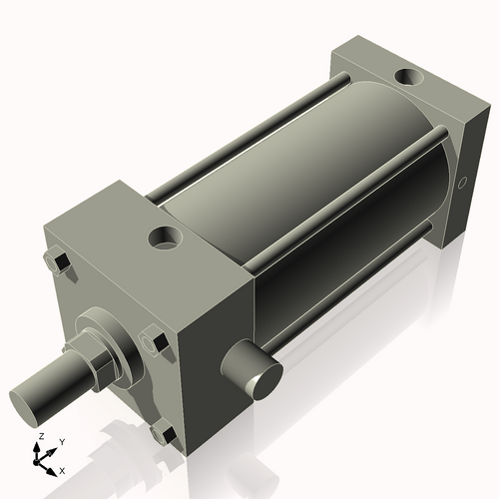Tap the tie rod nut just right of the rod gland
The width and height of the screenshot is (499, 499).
(154, 341)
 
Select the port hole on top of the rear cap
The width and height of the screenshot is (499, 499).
(409, 75)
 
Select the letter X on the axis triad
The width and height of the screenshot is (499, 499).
(62, 468)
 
